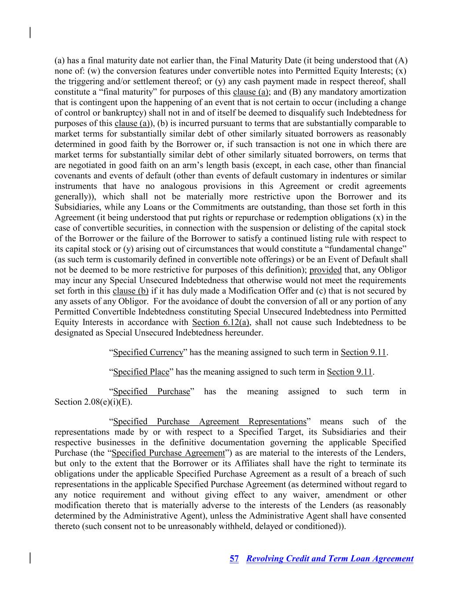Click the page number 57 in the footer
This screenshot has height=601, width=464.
[x=234, y=559]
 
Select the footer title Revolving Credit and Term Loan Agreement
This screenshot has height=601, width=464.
[x=329, y=559]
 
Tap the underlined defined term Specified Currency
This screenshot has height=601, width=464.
[x=148, y=352]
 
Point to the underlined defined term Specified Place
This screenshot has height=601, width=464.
[x=141, y=372]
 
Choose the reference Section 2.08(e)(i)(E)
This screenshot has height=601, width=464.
[x=93, y=402]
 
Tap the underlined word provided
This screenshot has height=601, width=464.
[x=325, y=270]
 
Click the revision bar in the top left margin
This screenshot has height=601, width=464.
[x=30, y=33]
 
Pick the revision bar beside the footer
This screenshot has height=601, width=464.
[x=30, y=557]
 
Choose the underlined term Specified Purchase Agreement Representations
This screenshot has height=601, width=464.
[x=209, y=421]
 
